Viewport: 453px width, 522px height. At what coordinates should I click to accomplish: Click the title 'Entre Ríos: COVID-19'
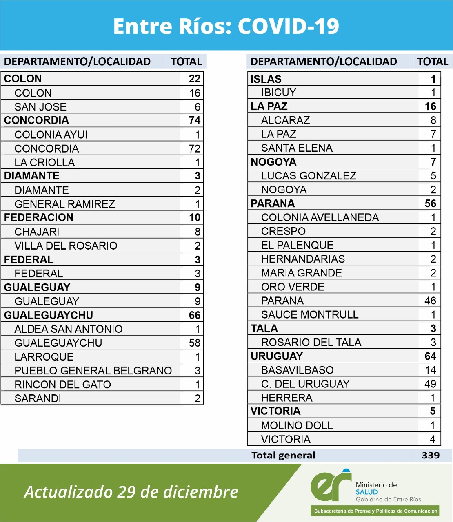226,26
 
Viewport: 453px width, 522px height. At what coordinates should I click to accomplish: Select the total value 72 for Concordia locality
195,148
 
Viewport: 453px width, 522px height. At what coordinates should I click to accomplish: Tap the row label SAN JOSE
40,107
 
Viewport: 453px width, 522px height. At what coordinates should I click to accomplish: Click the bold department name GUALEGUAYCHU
49,315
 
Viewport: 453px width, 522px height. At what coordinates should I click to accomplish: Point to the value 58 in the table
195,343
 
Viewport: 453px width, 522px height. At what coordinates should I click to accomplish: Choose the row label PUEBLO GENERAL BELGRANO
93,371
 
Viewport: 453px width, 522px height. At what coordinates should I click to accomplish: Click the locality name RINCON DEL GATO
62,385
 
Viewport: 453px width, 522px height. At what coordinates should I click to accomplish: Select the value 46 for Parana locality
430,301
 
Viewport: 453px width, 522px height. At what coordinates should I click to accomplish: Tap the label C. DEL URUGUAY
305,384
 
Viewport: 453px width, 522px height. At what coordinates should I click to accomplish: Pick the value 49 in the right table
430,384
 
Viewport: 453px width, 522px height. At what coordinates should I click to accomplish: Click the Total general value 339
431,456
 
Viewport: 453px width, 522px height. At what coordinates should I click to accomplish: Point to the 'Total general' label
283,456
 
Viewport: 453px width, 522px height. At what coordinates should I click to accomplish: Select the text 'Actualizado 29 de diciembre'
131,492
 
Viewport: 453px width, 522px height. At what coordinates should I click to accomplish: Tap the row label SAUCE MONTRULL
310,315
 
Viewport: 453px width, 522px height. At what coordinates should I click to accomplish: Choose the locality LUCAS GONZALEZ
309,176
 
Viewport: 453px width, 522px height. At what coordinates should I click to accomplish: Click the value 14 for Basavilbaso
430,370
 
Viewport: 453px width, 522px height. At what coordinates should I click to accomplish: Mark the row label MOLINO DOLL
297,426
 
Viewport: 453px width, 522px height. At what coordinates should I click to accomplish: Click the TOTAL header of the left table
186,62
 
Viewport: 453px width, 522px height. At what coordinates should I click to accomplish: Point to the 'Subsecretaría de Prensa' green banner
375,511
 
